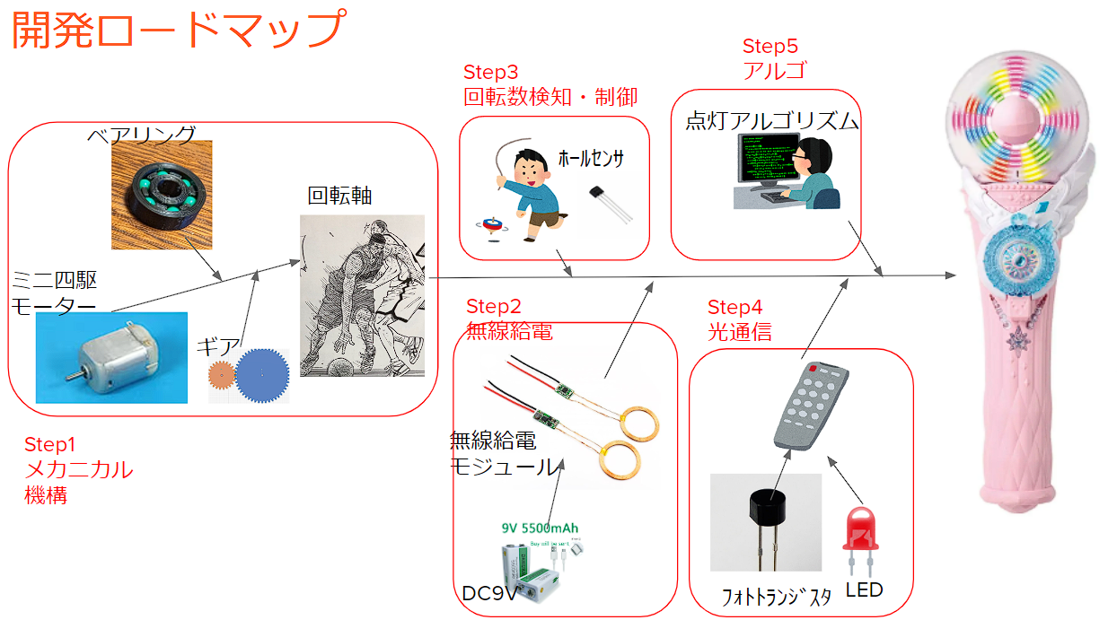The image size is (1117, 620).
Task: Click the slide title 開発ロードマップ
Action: click(177, 30)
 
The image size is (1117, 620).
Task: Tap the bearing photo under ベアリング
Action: click(162, 194)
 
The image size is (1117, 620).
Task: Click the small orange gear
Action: click(221, 374)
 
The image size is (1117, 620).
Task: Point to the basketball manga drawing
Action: click(362, 295)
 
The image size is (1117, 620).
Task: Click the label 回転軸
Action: click(339, 196)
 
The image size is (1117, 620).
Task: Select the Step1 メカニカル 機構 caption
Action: click(78, 469)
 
